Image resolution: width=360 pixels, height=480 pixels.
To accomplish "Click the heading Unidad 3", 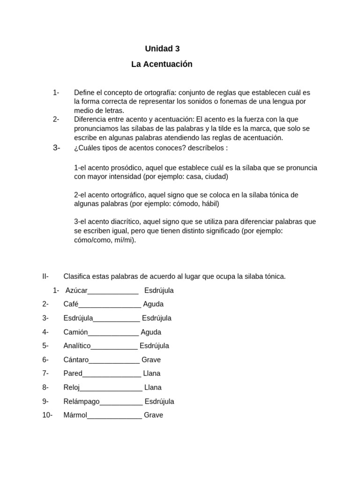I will pos(162,49).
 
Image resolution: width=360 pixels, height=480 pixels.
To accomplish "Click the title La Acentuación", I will pos(162,64).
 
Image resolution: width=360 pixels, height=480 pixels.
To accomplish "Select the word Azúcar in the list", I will pos(76,291).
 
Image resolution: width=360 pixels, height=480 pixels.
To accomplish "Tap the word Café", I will pos(71,304).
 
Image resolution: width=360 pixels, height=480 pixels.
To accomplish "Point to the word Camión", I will pos(75,332).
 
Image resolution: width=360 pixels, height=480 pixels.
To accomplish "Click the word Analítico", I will pos(77,346).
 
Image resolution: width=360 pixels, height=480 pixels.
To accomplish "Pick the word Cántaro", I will pos(76,360).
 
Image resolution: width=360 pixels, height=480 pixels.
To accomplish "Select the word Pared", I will pos(73,374).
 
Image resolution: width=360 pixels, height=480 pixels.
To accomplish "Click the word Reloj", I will pos(72,388).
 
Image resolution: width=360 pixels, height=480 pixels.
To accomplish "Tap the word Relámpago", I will pos(82,402).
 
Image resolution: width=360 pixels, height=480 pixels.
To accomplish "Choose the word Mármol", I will pos(75,415).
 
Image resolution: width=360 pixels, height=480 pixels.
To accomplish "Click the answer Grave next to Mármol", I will pos(153,415).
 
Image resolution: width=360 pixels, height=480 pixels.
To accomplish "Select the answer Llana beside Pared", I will pos(151,374).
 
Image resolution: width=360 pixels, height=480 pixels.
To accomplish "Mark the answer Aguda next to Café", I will pos(153,304).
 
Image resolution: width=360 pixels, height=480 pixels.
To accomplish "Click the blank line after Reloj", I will pos(111,389).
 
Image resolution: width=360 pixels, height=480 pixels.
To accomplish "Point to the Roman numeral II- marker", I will pos(45,277).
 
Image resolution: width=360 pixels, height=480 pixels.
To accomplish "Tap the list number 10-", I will pos(47,415).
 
